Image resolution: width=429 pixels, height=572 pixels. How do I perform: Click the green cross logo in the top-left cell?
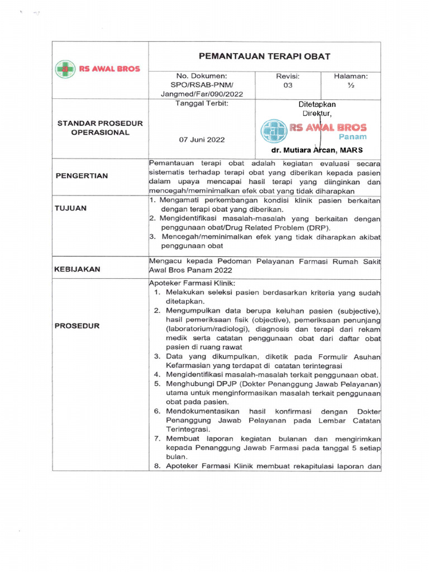(65, 69)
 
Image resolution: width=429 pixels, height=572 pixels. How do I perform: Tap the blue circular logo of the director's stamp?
(274, 131)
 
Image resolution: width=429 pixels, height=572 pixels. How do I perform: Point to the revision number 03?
(288, 85)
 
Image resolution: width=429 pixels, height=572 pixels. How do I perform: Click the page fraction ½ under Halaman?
(350, 85)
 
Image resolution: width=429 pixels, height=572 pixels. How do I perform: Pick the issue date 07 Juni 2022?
(202, 139)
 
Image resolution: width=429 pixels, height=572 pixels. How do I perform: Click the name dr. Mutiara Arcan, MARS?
(317, 150)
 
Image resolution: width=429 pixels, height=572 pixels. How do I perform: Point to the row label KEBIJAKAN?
(77, 269)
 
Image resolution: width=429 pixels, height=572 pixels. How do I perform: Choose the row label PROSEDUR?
(77, 326)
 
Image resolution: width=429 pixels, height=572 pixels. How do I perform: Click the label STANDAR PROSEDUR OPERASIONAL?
(100, 127)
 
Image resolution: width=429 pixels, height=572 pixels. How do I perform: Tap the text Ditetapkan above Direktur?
(317, 104)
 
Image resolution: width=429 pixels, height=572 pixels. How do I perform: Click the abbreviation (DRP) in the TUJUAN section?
(314, 227)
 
